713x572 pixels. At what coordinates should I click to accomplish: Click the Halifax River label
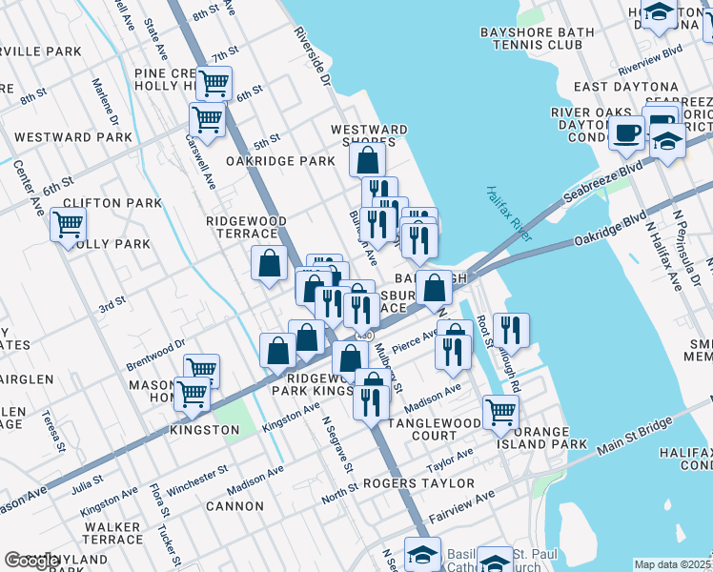(508, 213)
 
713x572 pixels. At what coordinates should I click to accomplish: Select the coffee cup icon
(626, 133)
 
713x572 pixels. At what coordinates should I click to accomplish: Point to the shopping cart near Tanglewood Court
(500, 412)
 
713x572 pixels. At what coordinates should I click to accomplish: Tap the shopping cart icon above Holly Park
(68, 226)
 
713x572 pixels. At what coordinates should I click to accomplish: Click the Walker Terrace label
(112, 533)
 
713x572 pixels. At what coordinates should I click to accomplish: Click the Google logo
(32, 561)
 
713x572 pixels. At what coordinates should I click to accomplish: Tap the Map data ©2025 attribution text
(673, 564)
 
